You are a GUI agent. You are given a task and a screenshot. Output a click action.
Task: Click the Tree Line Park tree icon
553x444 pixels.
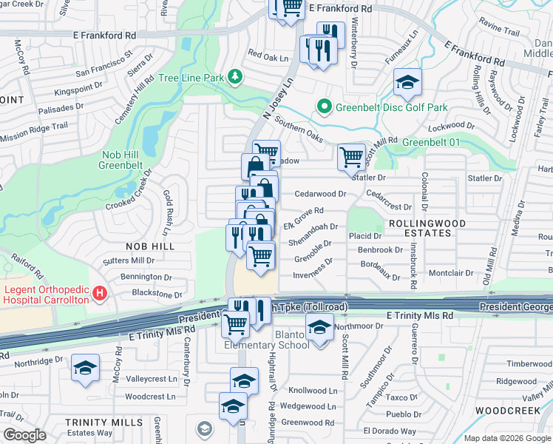[x=235, y=76]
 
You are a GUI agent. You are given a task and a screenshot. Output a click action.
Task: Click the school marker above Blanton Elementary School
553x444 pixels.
[x=319, y=328]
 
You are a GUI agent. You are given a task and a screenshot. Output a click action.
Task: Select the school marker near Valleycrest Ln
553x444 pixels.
[x=86, y=368]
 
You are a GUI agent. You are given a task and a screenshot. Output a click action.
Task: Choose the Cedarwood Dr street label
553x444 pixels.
[x=320, y=194]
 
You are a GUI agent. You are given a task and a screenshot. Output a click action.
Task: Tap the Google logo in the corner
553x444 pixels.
[x=24, y=435]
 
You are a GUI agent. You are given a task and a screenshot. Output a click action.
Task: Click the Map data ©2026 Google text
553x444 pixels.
[x=507, y=438]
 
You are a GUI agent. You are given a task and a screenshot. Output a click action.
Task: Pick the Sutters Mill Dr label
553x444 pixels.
[x=129, y=260]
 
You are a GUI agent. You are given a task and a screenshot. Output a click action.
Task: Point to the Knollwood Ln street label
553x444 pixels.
[x=313, y=391]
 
